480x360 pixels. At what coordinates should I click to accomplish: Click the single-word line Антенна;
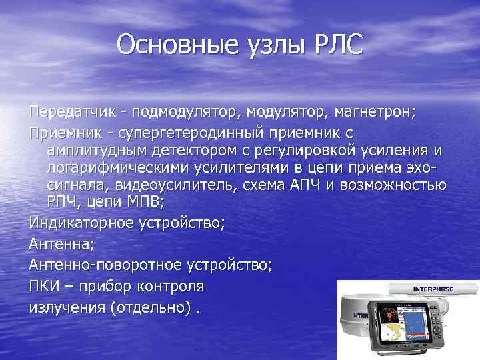tap(59, 243)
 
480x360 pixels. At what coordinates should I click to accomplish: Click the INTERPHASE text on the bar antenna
tap(433, 289)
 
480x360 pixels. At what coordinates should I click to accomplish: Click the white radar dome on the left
tap(353, 320)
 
